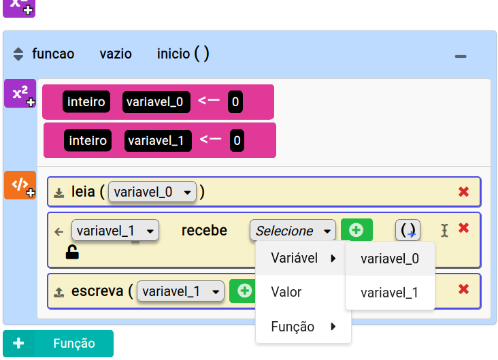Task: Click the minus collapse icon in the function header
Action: pyautogui.click(x=460, y=56)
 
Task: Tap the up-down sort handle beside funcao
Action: pyautogui.click(x=18, y=54)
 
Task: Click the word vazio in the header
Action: pyautogui.click(x=116, y=54)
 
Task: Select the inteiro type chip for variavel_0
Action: pyautogui.click(x=86, y=101)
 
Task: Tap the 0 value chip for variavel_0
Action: pyautogui.click(x=235, y=101)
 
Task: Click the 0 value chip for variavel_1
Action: pyautogui.click(x=237, y=140)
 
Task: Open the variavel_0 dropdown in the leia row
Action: pyautogui.click(x=152, y=192)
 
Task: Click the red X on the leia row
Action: pyautogui.click(x=464, y=192)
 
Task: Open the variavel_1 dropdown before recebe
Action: pyautogui.click(x=115, y=231)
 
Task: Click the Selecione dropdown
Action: pyautogui.click(x=293, y=231)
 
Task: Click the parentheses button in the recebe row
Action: pyautogui.click(x=408, y=230)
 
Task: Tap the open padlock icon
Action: pyautogui.click(x=72, y=252)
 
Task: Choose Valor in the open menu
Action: pyautogui.click(x=286, y=292)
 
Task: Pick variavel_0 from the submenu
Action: pyautogui.click(x=390, y=259)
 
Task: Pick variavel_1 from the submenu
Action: pyautogui.click(x=390, y=293)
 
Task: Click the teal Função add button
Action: pyautogui.click(x=58, y=344)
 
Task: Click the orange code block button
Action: pyautogui.click(x=20, y=185)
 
